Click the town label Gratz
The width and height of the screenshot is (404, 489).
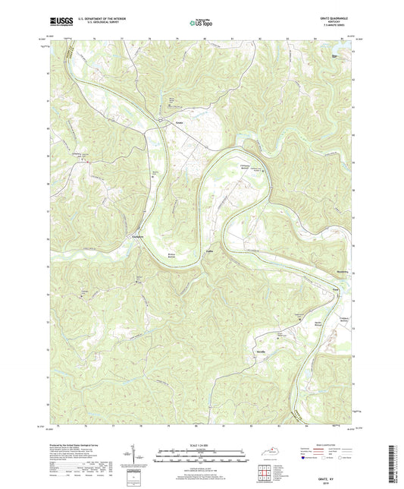(x=180, y=121)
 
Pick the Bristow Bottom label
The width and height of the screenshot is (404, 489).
(x=174, y=256)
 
